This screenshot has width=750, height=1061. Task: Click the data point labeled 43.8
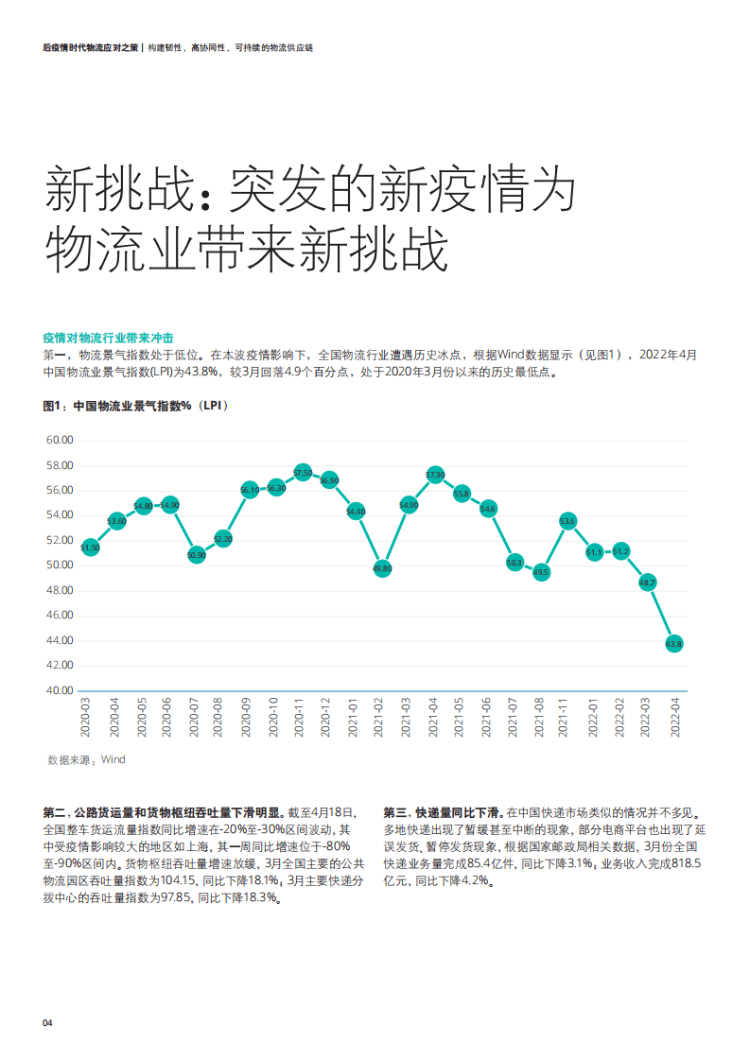click(x=674, y=644)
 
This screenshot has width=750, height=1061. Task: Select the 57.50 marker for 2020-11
click(x=303, y=472)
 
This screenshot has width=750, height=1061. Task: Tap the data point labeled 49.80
click(x=382, y=569)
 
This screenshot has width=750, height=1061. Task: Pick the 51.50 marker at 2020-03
click(x=91, y=548)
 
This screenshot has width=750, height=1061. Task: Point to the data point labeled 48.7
click(x=648, y=583)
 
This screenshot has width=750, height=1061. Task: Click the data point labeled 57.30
click(x=435, y=475)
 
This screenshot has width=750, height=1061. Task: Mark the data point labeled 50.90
click(x=197, y=555)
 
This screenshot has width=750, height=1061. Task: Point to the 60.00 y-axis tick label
click(x=60, y=441)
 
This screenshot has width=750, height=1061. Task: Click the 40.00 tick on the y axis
click(x=60, y=690)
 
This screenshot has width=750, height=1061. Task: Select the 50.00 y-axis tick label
click(x=60, y=565)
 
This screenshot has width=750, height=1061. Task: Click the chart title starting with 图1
click(x=136, y=406)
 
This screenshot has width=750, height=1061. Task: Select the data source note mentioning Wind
click(x=86, y=759)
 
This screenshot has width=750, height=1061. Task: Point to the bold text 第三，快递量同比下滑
click(x=443, y=812)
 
